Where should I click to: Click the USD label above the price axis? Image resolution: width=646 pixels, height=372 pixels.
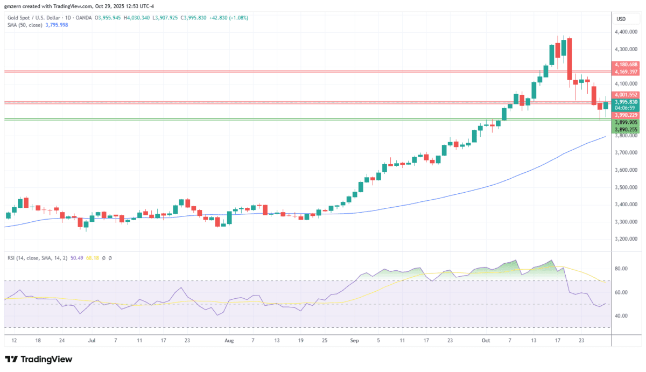(x=621, y=19)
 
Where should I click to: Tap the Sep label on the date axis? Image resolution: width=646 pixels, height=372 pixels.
(x=354, y=340)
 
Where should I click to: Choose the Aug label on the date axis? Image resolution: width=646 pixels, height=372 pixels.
(x=229, y=340)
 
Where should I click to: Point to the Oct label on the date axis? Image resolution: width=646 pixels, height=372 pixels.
(x=486, y=340)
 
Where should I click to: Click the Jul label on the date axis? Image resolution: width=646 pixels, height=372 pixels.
(x=92, y=340)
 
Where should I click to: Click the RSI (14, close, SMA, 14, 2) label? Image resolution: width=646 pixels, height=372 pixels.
(x=37, y=258)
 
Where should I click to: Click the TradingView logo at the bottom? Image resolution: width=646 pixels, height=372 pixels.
(x=38, y=359)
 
